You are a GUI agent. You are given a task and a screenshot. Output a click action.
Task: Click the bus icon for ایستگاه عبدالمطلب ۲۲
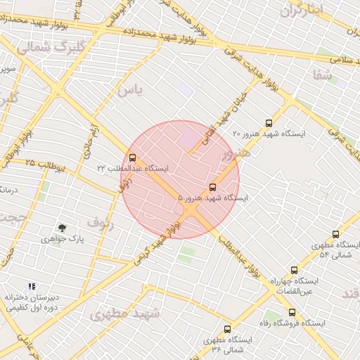click(133, 157)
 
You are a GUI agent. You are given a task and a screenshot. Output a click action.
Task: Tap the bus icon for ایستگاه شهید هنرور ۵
click(213, 187)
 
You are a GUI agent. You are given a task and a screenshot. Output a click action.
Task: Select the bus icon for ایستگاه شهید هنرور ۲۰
click(269, 122)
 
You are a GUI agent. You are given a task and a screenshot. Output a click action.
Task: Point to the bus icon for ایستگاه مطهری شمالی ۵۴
click(335, 234)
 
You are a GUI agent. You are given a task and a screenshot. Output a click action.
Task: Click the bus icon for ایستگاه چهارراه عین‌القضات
click(294, 269)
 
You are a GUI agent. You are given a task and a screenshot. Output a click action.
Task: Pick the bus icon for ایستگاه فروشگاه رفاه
click(292, 312)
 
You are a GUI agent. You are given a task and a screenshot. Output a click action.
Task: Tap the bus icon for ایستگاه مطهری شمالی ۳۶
click(227, 329)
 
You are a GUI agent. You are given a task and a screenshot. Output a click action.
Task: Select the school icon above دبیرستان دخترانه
click(31, 286)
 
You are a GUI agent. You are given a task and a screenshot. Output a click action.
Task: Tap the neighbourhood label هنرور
click(235, 153)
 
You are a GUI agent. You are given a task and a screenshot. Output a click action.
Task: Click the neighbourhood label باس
click(130, 89)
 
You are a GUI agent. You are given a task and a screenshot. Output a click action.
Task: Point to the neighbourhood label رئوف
click(99, 222)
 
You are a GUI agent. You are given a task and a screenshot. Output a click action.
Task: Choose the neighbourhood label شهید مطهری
click(125, 314)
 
